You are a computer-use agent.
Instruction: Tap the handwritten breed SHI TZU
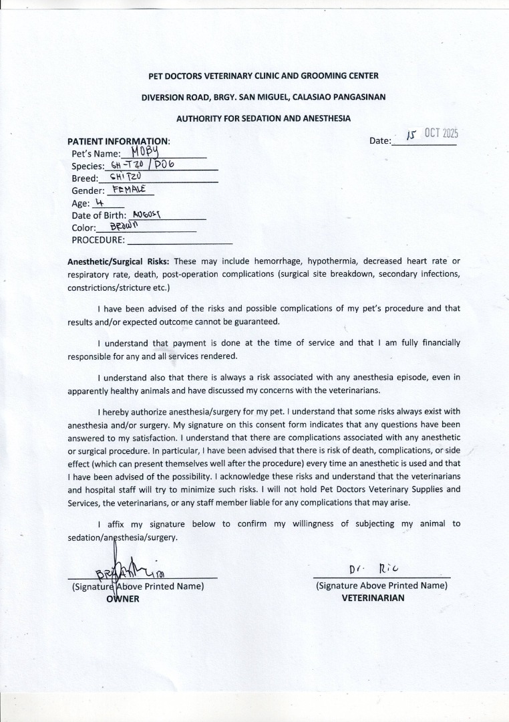pos(126,176)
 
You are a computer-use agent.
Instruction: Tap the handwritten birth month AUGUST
pos(148,215)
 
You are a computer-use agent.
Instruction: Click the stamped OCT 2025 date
pos(440,132)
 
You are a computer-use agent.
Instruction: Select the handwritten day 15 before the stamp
pos(412,136)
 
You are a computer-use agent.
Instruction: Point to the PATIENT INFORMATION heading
pos(119,142)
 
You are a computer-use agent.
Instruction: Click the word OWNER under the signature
pos(123,598)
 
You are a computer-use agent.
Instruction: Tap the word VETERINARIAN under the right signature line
pos(373,598)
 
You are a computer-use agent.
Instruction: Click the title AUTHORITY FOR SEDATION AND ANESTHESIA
pos(263,118)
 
